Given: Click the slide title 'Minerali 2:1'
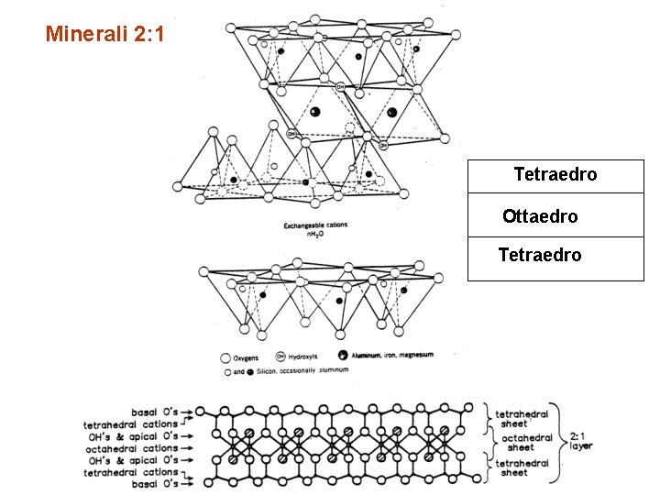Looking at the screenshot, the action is [x=106, y=35].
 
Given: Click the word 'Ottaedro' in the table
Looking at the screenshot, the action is [x=540, y=216].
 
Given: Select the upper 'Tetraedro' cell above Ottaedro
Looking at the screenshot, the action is [x=555, y=173].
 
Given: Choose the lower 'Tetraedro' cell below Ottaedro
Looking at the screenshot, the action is [x=540, y=255].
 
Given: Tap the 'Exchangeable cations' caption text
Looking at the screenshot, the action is [x=315, y=225].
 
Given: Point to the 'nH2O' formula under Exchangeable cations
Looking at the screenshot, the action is [x=315, y=235].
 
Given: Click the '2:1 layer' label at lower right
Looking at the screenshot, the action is [x=580, y=441].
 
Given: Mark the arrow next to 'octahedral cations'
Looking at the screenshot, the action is [x=190, y=448].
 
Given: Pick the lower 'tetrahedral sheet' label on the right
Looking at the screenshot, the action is [x=522, y=467].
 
